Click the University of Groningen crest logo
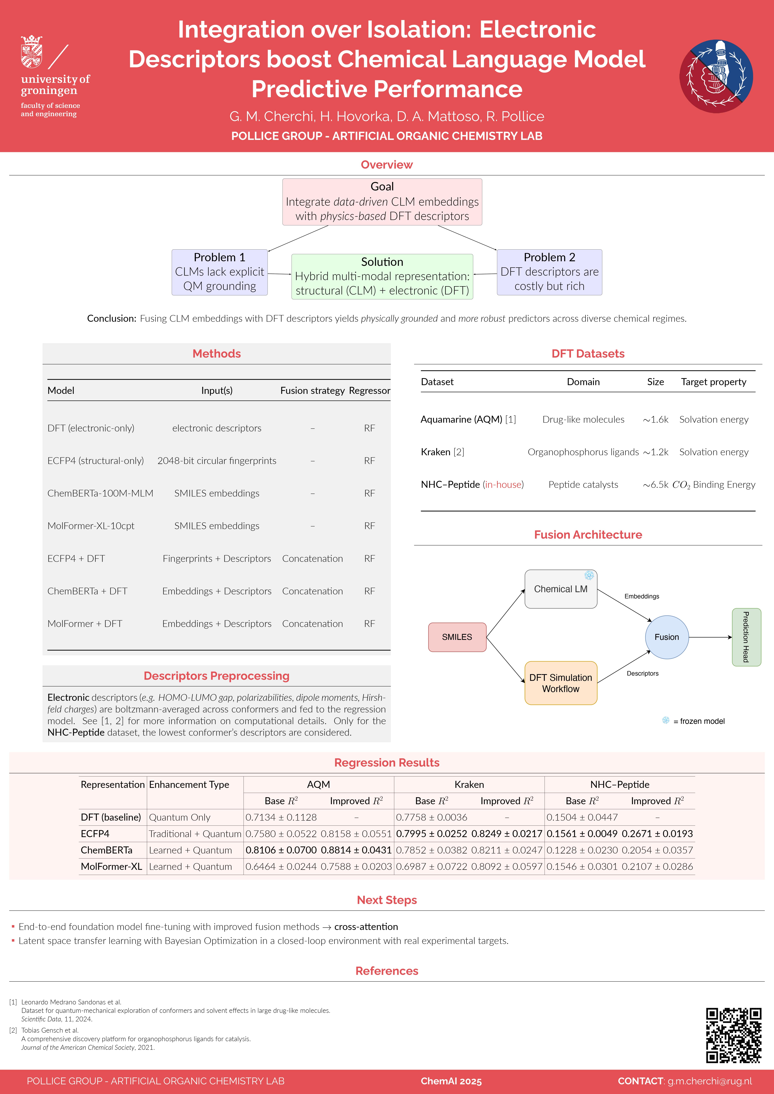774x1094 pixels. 31,51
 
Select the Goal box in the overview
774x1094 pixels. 382,202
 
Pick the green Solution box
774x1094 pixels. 382,276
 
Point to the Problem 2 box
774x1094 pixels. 549,272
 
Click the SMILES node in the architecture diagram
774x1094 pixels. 457,637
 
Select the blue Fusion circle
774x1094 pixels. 667,637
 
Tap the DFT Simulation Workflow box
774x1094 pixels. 561,683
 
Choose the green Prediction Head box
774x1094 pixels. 746,637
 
